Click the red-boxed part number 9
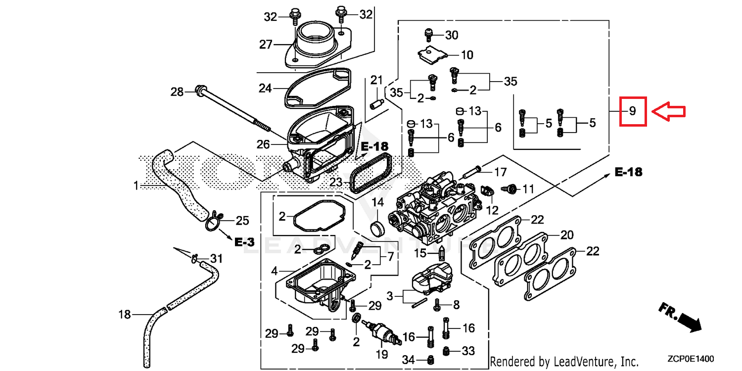(633, 111)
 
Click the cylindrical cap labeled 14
(378, 230)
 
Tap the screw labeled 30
(429, 35)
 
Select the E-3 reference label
(244, 242)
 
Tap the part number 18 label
(124, 314)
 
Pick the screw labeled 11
(510, 188)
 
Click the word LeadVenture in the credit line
(583, 362)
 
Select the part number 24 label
(266, 89)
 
